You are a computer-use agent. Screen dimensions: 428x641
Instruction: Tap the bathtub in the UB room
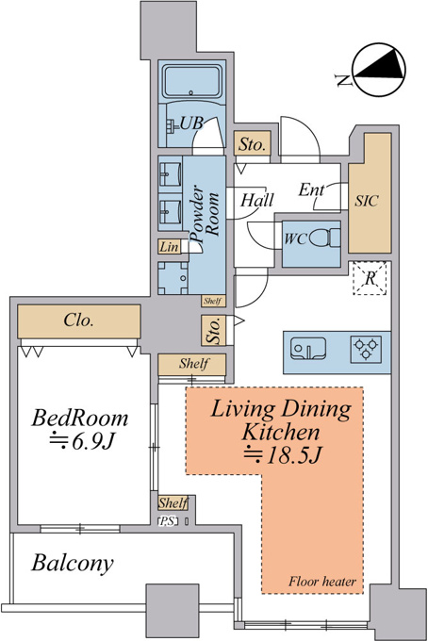point(192,81)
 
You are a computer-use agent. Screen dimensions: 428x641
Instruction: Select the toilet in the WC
point(324,238)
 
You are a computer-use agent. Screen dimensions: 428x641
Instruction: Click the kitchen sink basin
point(308,349)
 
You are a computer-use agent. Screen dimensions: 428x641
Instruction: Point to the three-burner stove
point(366,350)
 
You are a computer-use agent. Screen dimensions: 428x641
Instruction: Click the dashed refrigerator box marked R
point(370,278)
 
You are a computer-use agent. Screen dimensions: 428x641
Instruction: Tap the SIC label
point(367,201)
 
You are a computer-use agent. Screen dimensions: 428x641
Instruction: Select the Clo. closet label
point(78,320)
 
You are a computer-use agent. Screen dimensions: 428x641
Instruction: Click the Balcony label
point(73,564)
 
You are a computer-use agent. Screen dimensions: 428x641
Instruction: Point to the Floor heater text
point(322,582)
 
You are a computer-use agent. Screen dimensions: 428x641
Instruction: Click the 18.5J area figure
point(283,455)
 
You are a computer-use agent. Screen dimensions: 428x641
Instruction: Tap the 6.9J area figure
point(81,441)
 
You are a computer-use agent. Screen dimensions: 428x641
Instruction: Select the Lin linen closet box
point(169,247)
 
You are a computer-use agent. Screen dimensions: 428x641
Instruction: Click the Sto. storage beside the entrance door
point(253,143)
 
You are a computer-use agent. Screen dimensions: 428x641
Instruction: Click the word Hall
point(257,200)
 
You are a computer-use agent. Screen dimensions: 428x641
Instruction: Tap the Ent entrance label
point(311,189)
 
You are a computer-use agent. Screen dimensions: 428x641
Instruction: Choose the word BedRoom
point(80,419)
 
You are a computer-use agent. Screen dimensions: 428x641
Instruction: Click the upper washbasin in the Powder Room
point(170,174)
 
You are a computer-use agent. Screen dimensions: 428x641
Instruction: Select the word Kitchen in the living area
point(280,432)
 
